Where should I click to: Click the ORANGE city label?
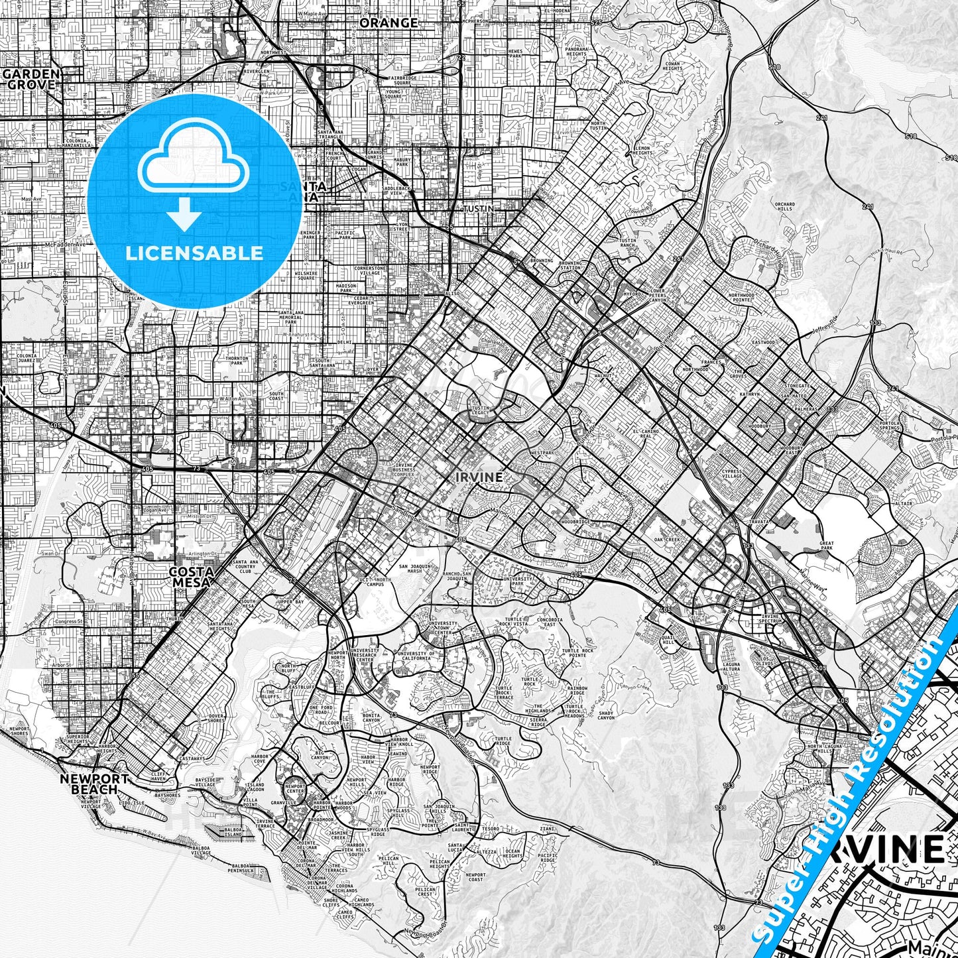coord(389,23)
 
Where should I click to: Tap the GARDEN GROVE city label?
coord(32,79)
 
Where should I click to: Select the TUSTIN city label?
coord(478,209)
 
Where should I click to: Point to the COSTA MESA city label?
coord(192,577)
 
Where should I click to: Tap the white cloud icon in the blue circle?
coord(193,166)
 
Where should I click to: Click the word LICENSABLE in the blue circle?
coord(194,253)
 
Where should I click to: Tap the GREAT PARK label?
coord(826,546)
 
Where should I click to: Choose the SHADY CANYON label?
coord(605,715)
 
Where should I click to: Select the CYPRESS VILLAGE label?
coord(732,475)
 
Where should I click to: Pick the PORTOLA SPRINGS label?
coord(889,426)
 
